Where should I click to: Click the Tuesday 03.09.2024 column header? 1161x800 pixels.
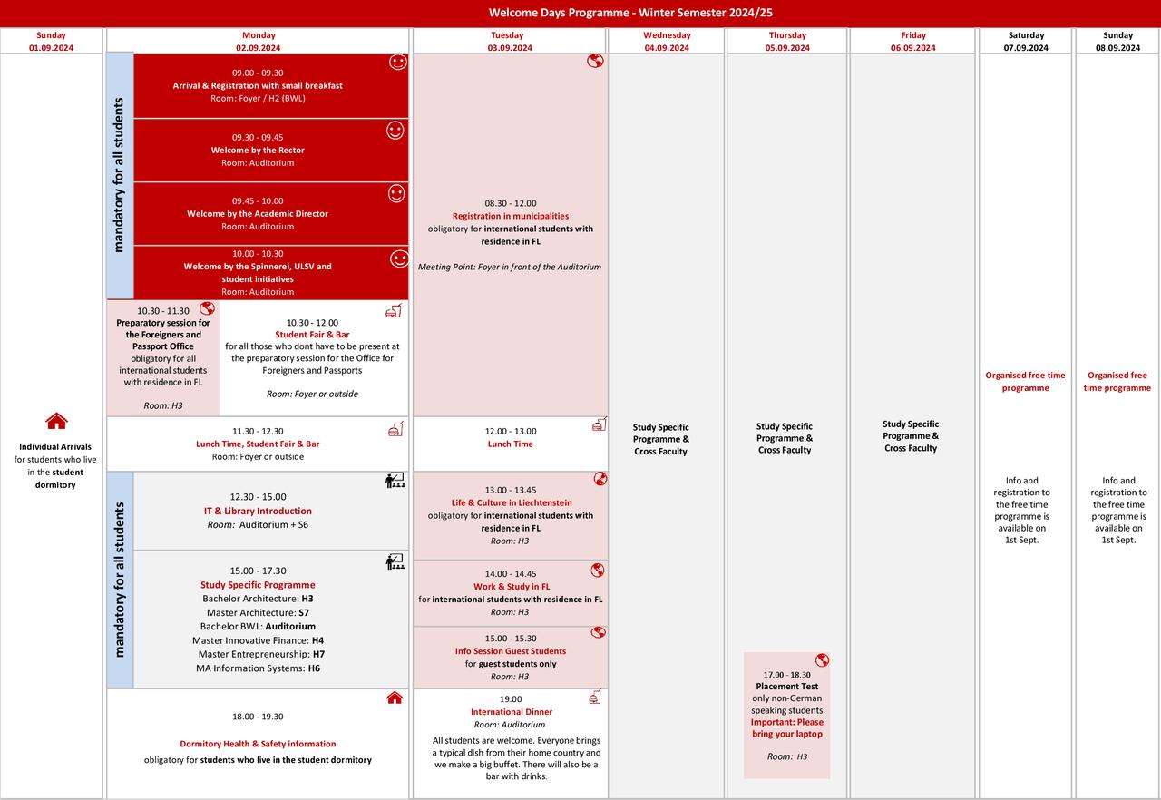pos(510,42)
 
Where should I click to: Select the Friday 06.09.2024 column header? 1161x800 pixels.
pos(913,42)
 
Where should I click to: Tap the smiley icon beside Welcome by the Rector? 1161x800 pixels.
pos(395,131)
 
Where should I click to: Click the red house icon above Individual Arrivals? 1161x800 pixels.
pos(56,421)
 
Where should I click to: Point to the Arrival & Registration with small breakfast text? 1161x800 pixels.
pos(258,85)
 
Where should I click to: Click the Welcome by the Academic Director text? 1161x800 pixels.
pos(258,214)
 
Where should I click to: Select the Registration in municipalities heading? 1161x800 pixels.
pos(511,216)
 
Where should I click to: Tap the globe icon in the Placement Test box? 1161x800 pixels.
pos(822,660)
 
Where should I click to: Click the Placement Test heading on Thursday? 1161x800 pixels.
pos(786,687)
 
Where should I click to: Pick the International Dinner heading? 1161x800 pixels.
pos(511,712)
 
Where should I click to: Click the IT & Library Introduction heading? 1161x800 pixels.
pos(258,511)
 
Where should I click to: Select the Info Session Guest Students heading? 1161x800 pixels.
pos(511,651)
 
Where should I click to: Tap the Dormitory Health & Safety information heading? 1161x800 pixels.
pos(258,744)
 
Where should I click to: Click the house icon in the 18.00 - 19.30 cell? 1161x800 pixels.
pos(395,698)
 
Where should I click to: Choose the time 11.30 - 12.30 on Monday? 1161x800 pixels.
pos(258,432)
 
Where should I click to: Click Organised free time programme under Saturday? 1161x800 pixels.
pos(1026,381)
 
